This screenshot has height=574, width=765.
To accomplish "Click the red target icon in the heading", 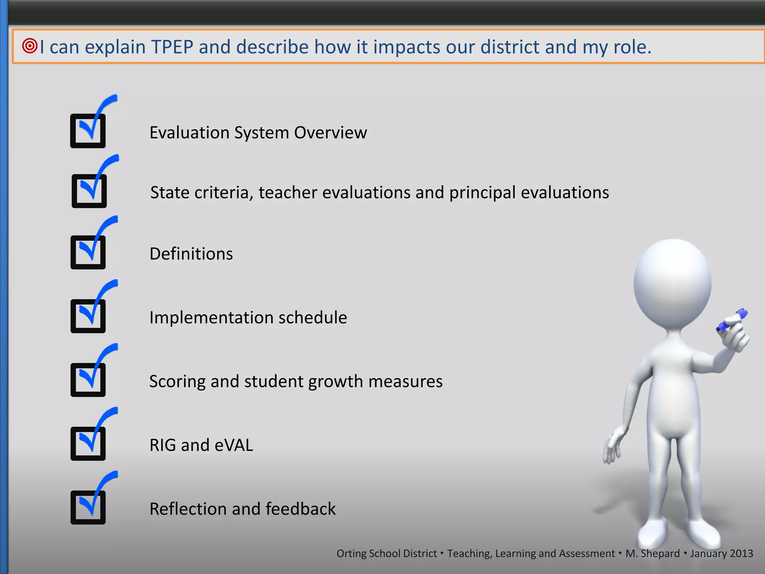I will (x=30, y=46).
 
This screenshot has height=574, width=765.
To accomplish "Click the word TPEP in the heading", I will (x=172, y=47).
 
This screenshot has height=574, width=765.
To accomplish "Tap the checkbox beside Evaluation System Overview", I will (x=88, y=131).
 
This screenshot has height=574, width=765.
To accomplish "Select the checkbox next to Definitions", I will (x=88, y=252).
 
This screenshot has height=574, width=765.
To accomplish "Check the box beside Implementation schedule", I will (x=88, y=316).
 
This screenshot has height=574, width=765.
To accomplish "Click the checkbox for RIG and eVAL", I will (x=88, y=444).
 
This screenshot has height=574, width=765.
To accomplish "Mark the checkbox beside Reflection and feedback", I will (x=88, y=507).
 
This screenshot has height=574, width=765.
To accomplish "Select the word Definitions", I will (x=191, y=254).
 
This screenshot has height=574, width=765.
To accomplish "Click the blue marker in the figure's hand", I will (x=732, y=320).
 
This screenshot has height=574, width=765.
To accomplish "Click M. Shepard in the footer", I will (x=653, y=553).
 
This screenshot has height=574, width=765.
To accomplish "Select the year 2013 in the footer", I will (x=741, y=553).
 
